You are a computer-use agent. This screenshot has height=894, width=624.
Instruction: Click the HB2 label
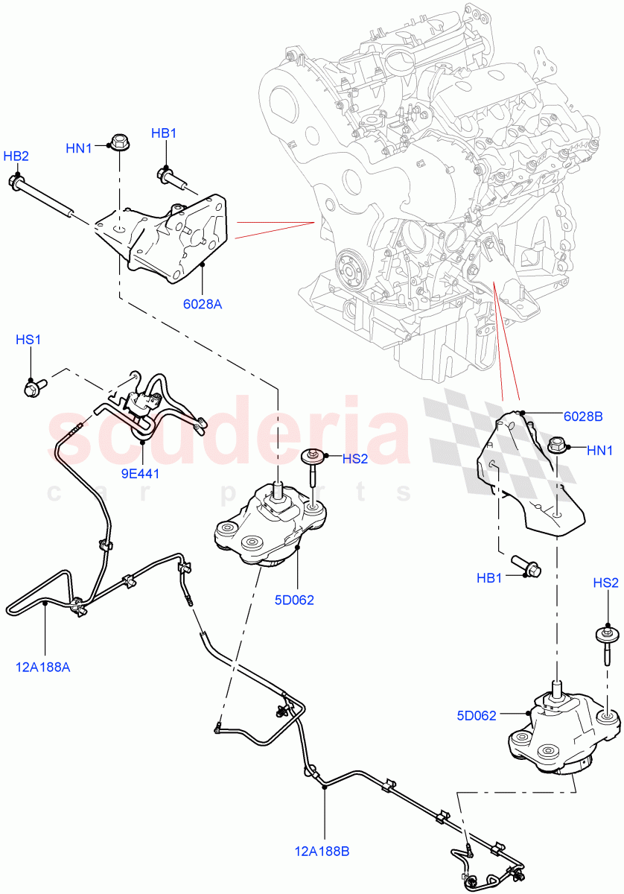[16, 156]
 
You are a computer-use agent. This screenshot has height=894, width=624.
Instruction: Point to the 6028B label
[583, 416]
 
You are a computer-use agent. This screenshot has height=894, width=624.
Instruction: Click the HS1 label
[28, 340]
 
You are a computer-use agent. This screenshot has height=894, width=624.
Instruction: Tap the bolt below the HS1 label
[34, 387]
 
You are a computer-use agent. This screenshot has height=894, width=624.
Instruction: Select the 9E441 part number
[141, 472]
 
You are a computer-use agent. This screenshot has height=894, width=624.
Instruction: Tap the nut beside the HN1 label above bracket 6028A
[119, 141]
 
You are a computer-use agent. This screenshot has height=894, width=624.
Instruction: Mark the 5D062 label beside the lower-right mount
[476, 716]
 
